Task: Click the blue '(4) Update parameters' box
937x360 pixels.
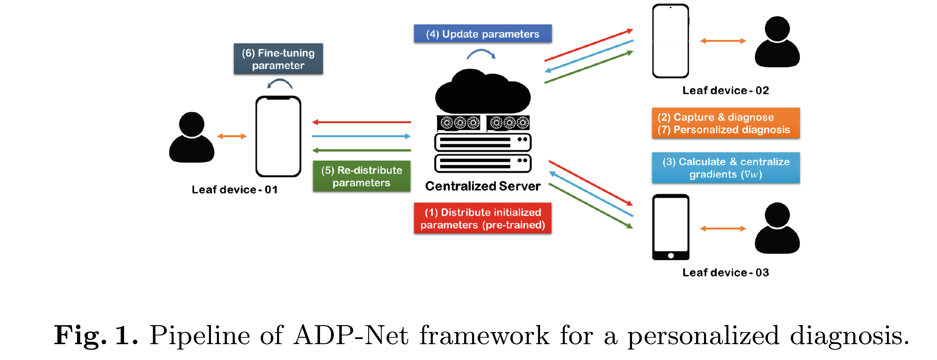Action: (482, 34)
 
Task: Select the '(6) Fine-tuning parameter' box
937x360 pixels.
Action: (278, 59)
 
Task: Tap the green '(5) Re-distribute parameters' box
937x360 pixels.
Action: (361, 176)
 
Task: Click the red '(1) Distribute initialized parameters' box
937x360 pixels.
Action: (482, 218)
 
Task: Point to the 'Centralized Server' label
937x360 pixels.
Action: (482, 186)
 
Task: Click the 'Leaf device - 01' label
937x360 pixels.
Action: (235, 189)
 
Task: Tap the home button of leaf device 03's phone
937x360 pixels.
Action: (671, 256)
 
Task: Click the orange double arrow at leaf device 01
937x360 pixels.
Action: (232, 136)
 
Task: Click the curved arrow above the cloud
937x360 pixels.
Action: (481, 55)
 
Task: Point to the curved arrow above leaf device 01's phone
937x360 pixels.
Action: (280, 84)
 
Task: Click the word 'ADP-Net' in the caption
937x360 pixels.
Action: (351, 335)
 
